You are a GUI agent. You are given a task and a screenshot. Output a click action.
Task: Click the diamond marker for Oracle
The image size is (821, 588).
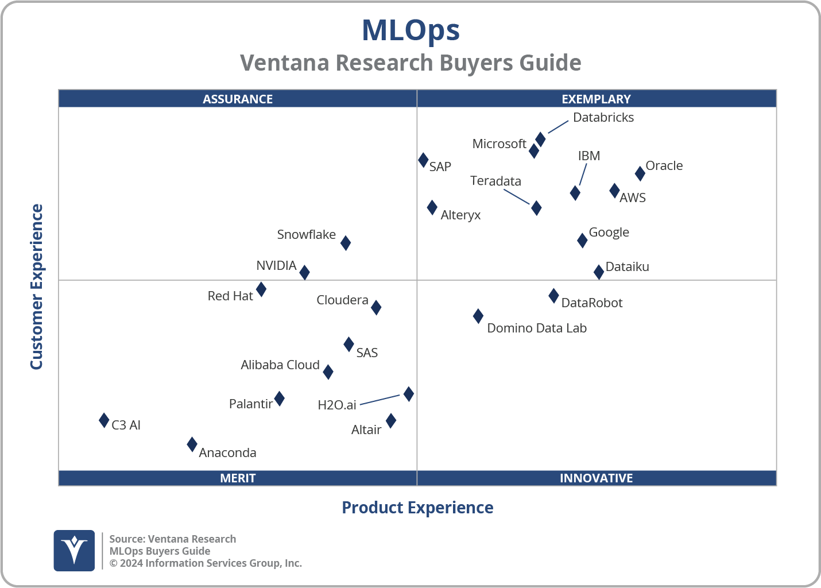[x=640, y=173]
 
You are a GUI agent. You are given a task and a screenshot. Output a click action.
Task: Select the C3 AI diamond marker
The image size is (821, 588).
[x=104, y=420]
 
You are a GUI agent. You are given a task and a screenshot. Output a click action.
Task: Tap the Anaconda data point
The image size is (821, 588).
[x=192, y=444]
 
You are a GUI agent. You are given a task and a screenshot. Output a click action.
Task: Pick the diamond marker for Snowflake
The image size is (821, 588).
[x=346, y=243]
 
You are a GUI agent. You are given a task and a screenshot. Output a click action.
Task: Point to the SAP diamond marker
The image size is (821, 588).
[x=423, y=160]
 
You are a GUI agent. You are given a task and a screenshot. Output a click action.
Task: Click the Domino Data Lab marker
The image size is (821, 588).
[x=478, y=316]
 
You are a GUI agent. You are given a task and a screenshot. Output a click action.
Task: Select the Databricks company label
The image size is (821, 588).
[x=603, y=118]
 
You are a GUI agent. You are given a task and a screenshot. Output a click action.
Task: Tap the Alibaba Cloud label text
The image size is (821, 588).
[x=280, y=365]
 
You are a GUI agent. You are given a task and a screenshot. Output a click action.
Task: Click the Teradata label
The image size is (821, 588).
[x=495, y=181]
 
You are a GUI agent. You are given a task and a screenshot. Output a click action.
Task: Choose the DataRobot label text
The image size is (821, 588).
[x=591, y=303]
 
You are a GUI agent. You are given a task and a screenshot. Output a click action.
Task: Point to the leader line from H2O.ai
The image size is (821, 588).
[x=379, y=400]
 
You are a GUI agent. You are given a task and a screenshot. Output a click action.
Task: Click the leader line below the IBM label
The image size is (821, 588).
[x=583, y=175]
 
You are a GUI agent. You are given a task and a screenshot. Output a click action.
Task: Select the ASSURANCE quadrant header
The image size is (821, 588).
[x=238, y=99]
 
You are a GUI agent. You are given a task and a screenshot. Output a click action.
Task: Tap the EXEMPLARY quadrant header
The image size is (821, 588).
[x=596, y=99]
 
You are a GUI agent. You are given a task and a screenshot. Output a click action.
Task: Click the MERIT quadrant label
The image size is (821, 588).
[x=238, y=478]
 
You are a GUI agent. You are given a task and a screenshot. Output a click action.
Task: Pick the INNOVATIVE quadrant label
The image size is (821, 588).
[x=596, y=478]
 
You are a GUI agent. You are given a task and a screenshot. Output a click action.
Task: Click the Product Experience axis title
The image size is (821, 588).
[x=417, y=508]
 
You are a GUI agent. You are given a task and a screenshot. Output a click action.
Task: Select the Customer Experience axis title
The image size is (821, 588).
[x=37, y=287]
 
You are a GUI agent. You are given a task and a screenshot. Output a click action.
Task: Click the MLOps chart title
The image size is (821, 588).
[x=410, y=30]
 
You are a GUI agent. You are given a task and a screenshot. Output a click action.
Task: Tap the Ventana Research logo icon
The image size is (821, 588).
[x=74, y=551]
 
